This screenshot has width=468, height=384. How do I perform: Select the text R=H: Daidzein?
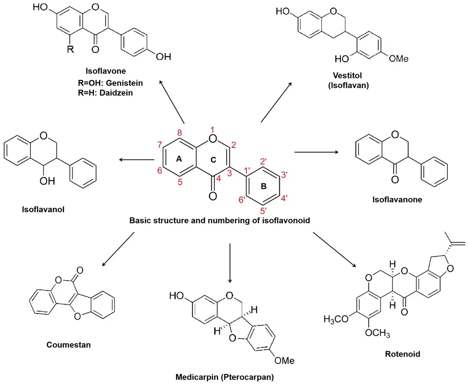coord(108,92)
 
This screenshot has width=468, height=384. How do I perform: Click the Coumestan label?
coord(69,345)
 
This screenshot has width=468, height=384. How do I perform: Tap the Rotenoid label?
coord(402,354)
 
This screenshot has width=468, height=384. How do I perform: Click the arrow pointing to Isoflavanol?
coord(136,159)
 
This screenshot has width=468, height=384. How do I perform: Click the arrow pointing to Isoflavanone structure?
coord(317,151)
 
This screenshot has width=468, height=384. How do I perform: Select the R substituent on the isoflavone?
coord(70,49)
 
